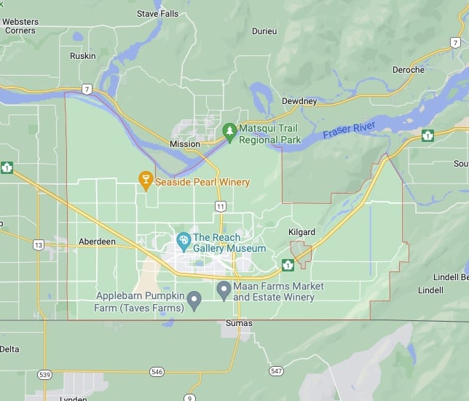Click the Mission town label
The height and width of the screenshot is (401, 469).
[184, 144]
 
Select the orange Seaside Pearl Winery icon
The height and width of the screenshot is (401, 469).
[145, 181]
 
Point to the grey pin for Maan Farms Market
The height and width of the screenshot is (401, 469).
[224, 290]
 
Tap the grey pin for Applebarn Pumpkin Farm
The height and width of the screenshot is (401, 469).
[194, 300]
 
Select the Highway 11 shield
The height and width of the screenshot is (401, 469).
[220, 207]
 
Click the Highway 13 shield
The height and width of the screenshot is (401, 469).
[38, 245]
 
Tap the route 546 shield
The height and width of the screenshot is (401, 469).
[157, 372]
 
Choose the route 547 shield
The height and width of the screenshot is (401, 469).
[275, 371]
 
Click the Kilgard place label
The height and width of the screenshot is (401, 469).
[303, 232]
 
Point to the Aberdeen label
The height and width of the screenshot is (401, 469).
[96, 242]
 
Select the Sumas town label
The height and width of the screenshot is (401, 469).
[239, 323]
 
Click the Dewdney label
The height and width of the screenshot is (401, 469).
[300, 101]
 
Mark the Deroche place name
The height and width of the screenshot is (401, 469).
[408, 70]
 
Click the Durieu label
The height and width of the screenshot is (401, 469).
[264, 31]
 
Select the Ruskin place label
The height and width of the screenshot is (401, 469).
[82, 56]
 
